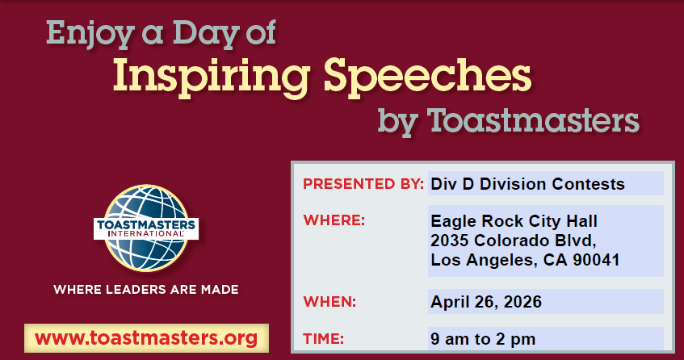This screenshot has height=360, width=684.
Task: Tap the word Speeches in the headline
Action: click(427, 76)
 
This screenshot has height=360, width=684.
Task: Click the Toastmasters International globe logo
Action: click(146, 228)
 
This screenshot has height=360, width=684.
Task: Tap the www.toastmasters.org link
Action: click(146, 338)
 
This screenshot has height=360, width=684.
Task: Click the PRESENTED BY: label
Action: click(363, 184)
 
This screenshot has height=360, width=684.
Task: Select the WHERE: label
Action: click(334, 220)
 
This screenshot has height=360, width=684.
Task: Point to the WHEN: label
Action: click(329, 302)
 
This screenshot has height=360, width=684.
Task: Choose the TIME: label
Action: click(323, 339)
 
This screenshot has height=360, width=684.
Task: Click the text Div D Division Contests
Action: click(527, 184)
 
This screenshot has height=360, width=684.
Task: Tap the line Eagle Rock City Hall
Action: click(514, 221)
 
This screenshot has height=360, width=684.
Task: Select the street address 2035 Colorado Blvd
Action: click(513, 241)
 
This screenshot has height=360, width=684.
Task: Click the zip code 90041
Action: click(596, 260)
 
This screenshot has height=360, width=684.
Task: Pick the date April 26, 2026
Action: click(486, 302)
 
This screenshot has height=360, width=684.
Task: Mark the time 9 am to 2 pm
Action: click(483, 339)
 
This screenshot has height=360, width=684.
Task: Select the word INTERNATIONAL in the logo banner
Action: click(145, 233)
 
